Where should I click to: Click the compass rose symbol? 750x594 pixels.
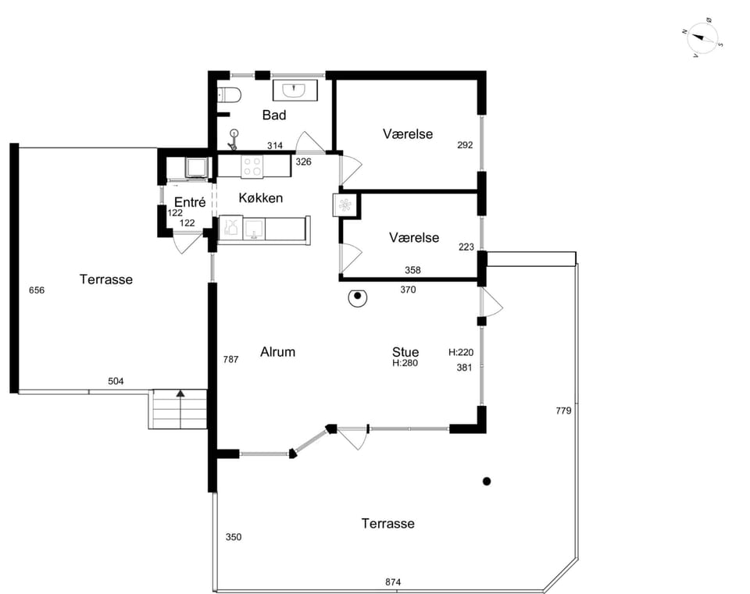coord(702,38)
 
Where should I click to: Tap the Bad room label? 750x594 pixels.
coord(274,115)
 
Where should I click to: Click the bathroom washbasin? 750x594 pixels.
coord(295,91)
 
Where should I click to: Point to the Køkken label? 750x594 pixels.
coord(261,197)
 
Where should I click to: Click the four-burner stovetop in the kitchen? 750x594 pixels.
coord(252,167)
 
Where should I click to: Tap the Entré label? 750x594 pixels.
coord(190,202)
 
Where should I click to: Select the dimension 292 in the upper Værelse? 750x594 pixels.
coord(465,145)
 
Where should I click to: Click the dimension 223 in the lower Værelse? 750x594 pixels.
coord(466,247)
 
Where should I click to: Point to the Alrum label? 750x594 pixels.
coord(277,352)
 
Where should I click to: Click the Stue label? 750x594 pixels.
coord(405,352)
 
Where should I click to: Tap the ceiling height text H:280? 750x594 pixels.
coord(405,363)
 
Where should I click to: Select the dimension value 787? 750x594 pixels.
coord(230,359)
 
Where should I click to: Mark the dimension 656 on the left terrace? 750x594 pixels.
coord(37,290)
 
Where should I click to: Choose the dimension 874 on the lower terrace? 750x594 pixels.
coord(393,582)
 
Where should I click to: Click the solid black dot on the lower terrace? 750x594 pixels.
coord(487,482)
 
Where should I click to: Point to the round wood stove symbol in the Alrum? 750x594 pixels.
coord(357,297)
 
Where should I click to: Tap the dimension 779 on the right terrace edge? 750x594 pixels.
coord(563,410)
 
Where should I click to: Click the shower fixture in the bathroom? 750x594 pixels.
coord(234,139)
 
